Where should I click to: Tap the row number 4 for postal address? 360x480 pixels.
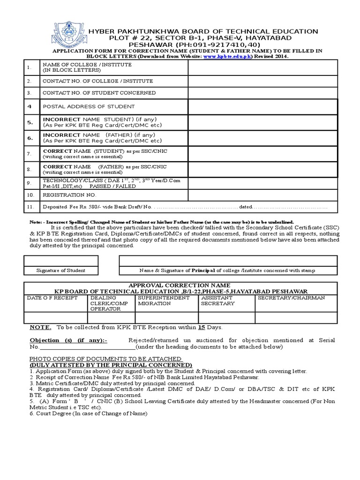[x=30, y=106]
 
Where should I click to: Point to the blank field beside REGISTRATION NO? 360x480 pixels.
[x=262, y=195]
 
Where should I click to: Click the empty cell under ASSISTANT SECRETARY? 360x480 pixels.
[x=226, y=318]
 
